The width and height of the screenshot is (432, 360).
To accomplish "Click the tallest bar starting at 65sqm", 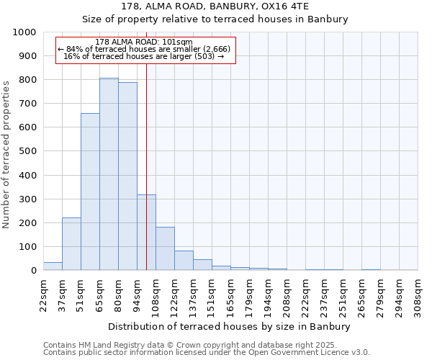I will pos(109,174).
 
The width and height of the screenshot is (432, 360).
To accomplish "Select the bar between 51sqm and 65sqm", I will pos(90,192).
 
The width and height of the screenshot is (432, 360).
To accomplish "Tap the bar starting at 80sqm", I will pos(127,176).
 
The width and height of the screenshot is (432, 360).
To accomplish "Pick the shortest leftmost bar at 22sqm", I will pos(53,266).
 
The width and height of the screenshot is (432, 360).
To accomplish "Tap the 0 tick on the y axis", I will pos(33,271).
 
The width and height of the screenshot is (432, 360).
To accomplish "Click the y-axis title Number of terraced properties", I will pos(6,154).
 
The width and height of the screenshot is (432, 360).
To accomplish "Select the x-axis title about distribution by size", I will pos(230,326).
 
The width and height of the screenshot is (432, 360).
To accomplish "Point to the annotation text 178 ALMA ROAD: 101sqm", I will pos(144,42).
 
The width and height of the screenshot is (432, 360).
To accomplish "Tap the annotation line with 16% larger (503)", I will pos(144,56).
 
